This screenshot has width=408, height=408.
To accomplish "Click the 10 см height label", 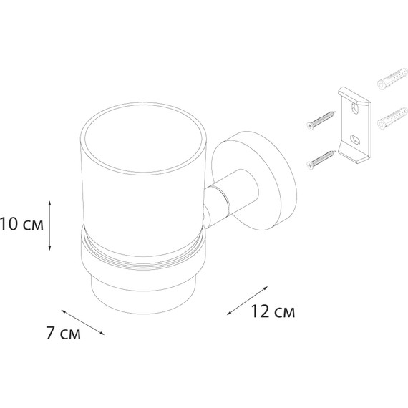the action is click(x=21, y=225).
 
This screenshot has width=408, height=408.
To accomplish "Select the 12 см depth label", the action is click(x=273, y=311).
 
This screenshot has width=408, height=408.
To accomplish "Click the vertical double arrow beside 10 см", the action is click(x=50, y=225).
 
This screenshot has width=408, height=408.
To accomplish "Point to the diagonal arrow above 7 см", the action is click(x=83, y=322).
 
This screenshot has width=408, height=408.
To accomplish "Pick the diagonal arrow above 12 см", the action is click(x=248, y=301).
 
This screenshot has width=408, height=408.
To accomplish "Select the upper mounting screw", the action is click(x=321, y=120).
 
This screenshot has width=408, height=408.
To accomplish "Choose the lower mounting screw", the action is click(x=321, y=160).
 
